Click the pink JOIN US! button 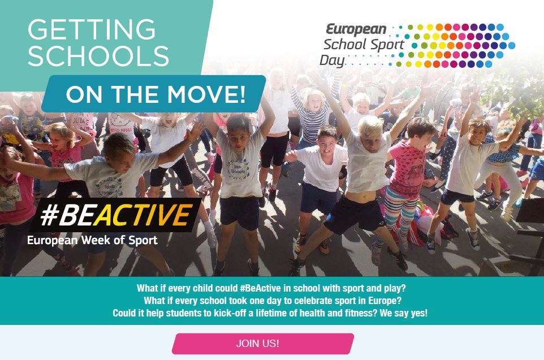[x=262, y=344]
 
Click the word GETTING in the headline [x=92, y=29]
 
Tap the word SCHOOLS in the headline [x=98, y=56]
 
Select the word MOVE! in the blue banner [x=206, y=94]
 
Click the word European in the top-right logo [x=356, y=29]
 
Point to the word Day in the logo [x=332, y=60]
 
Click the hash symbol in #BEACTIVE [x=49, y=215]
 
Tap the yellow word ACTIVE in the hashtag [x=143, y=215]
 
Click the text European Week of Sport [x=92, y=240]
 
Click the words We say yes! [x=404, y=313]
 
